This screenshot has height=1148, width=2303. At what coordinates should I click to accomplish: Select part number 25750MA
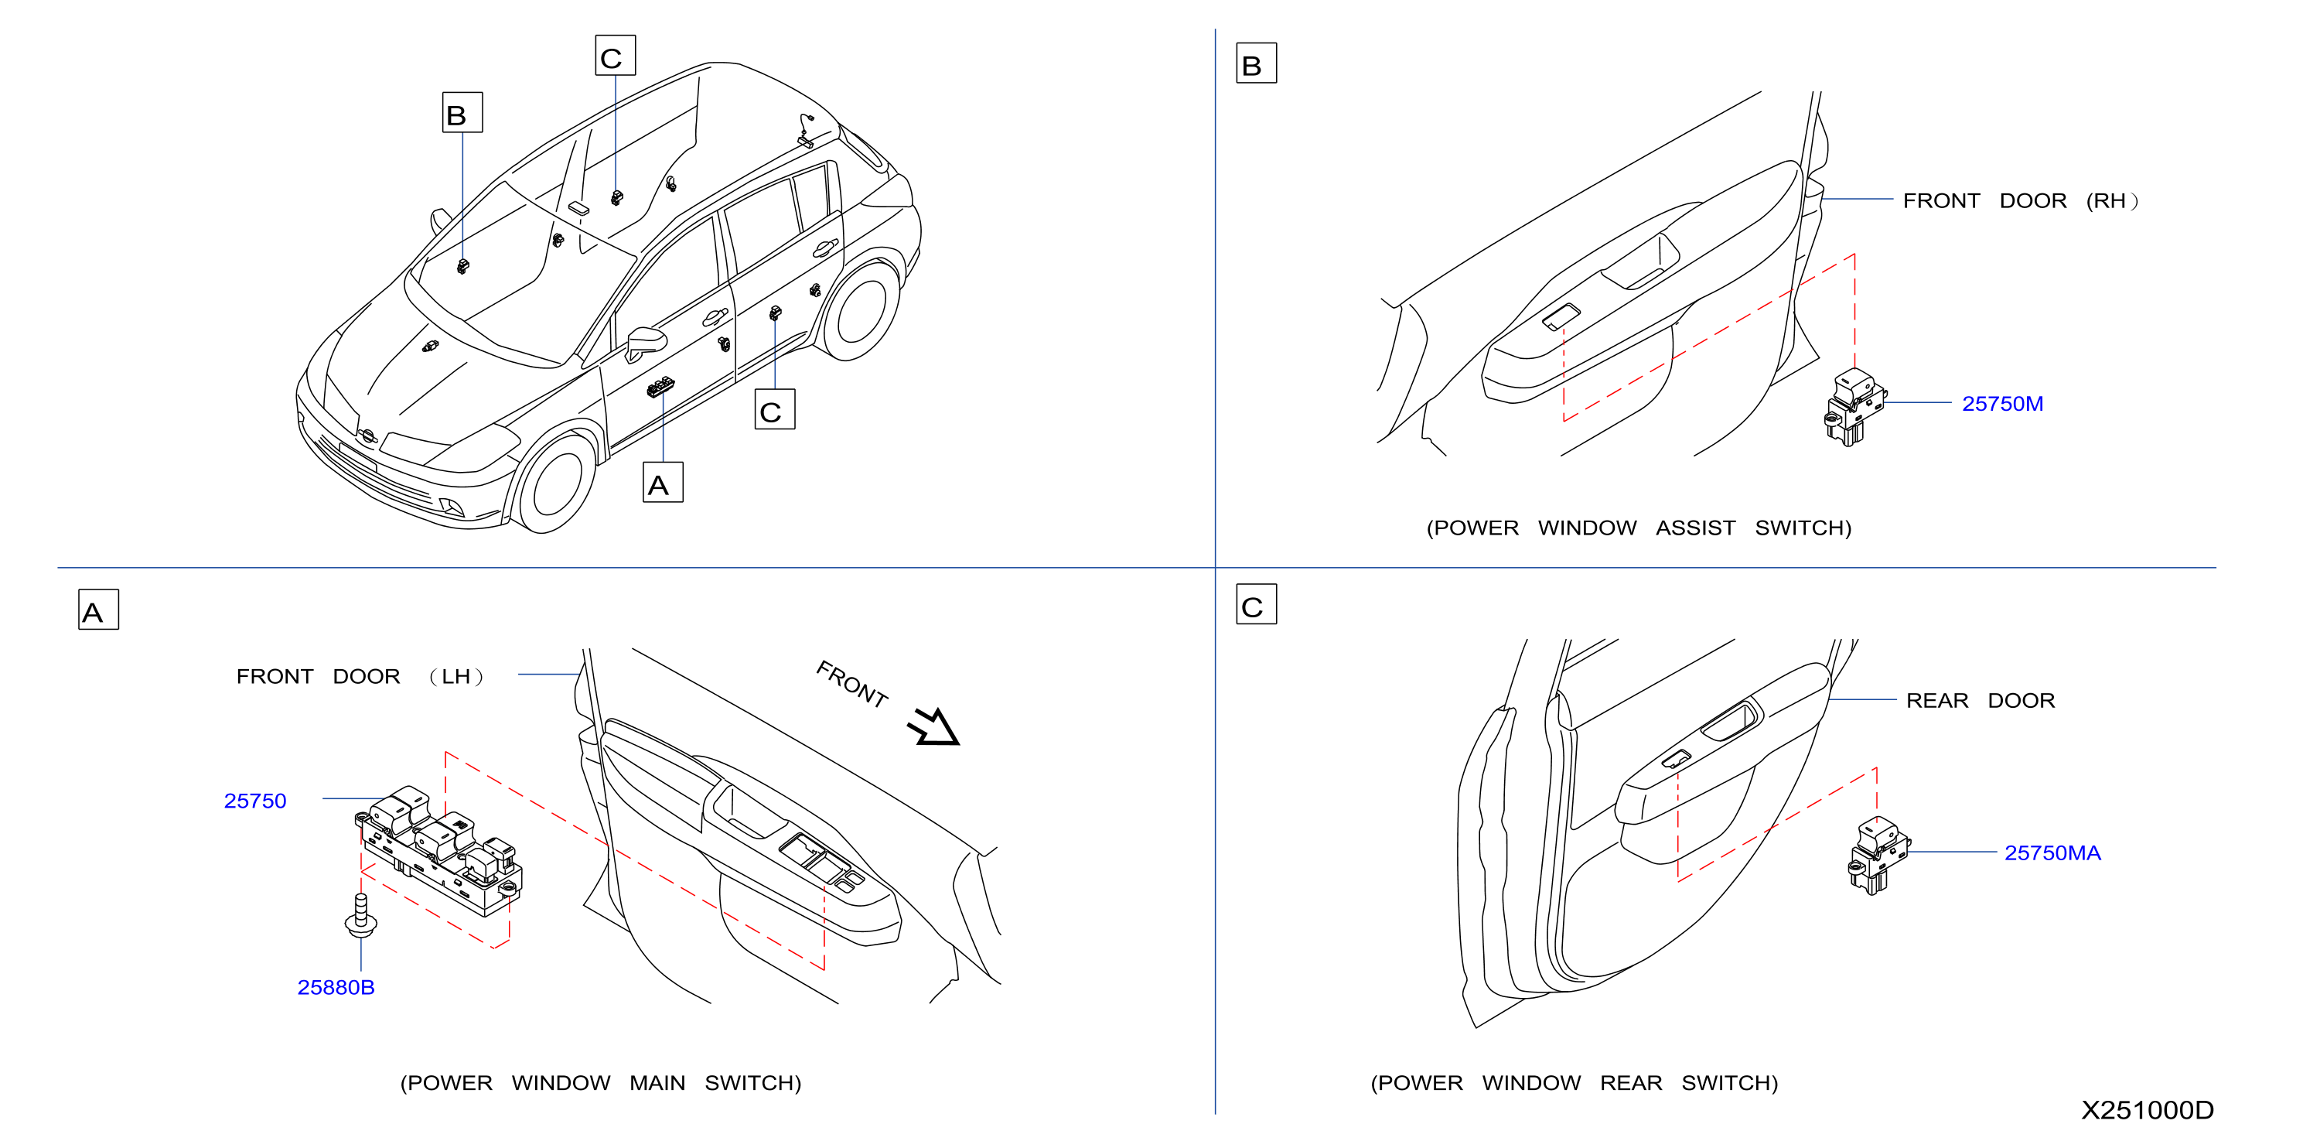tap(2052, 853)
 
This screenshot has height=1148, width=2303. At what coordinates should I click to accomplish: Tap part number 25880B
tap(336, 987)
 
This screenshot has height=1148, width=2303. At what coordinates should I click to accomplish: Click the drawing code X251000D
tap(2147, 1109)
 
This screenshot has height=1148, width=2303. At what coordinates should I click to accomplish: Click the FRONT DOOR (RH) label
tap(2021, 200)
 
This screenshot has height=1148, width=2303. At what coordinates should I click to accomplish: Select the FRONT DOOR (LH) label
tap(360, 676)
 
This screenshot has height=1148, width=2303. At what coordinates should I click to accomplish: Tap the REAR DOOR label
tap(1981, 700)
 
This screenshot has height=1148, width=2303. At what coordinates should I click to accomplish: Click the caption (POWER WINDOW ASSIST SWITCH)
tap(1639, 528)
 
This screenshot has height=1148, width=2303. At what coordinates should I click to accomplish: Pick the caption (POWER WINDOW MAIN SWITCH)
tap(601, 1083)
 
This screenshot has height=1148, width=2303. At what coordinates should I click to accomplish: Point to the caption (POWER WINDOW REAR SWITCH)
tap(1575, 1083)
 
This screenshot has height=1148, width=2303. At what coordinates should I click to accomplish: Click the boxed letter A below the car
tap(664, 482)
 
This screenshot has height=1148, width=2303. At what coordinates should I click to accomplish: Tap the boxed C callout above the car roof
tap(615, 56)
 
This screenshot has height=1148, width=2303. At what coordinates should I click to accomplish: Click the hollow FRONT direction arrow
tap(933, 726)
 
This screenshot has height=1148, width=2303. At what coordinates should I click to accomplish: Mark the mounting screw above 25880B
tap(360, 916)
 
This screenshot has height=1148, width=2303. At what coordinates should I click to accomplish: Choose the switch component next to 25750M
tap(1854, 407)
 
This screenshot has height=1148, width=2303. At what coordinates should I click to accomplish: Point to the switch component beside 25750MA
tap(1878, 855)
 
